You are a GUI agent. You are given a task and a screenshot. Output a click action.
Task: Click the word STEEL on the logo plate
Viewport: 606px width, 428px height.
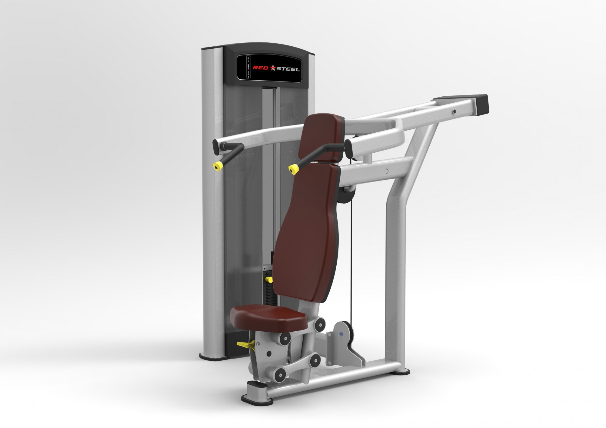(x=287, y=69)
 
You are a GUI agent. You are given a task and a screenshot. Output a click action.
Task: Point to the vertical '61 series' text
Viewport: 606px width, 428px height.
(x=248, y=67)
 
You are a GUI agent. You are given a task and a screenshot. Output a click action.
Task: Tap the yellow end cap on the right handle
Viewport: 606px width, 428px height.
(x=292, y=170)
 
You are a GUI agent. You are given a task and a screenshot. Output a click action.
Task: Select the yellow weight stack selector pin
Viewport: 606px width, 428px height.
(x=268, y=279)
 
